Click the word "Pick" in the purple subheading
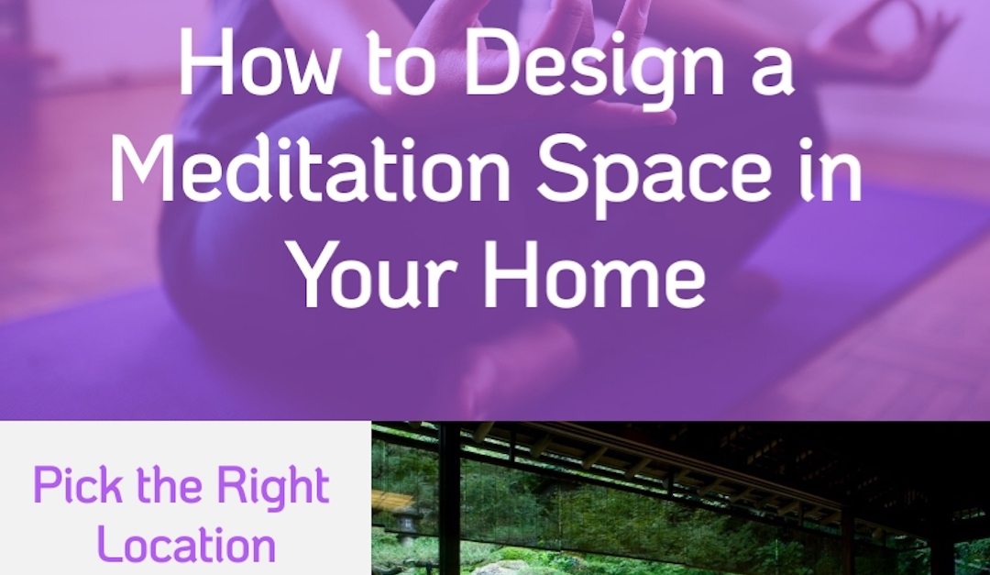coord(74,485)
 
